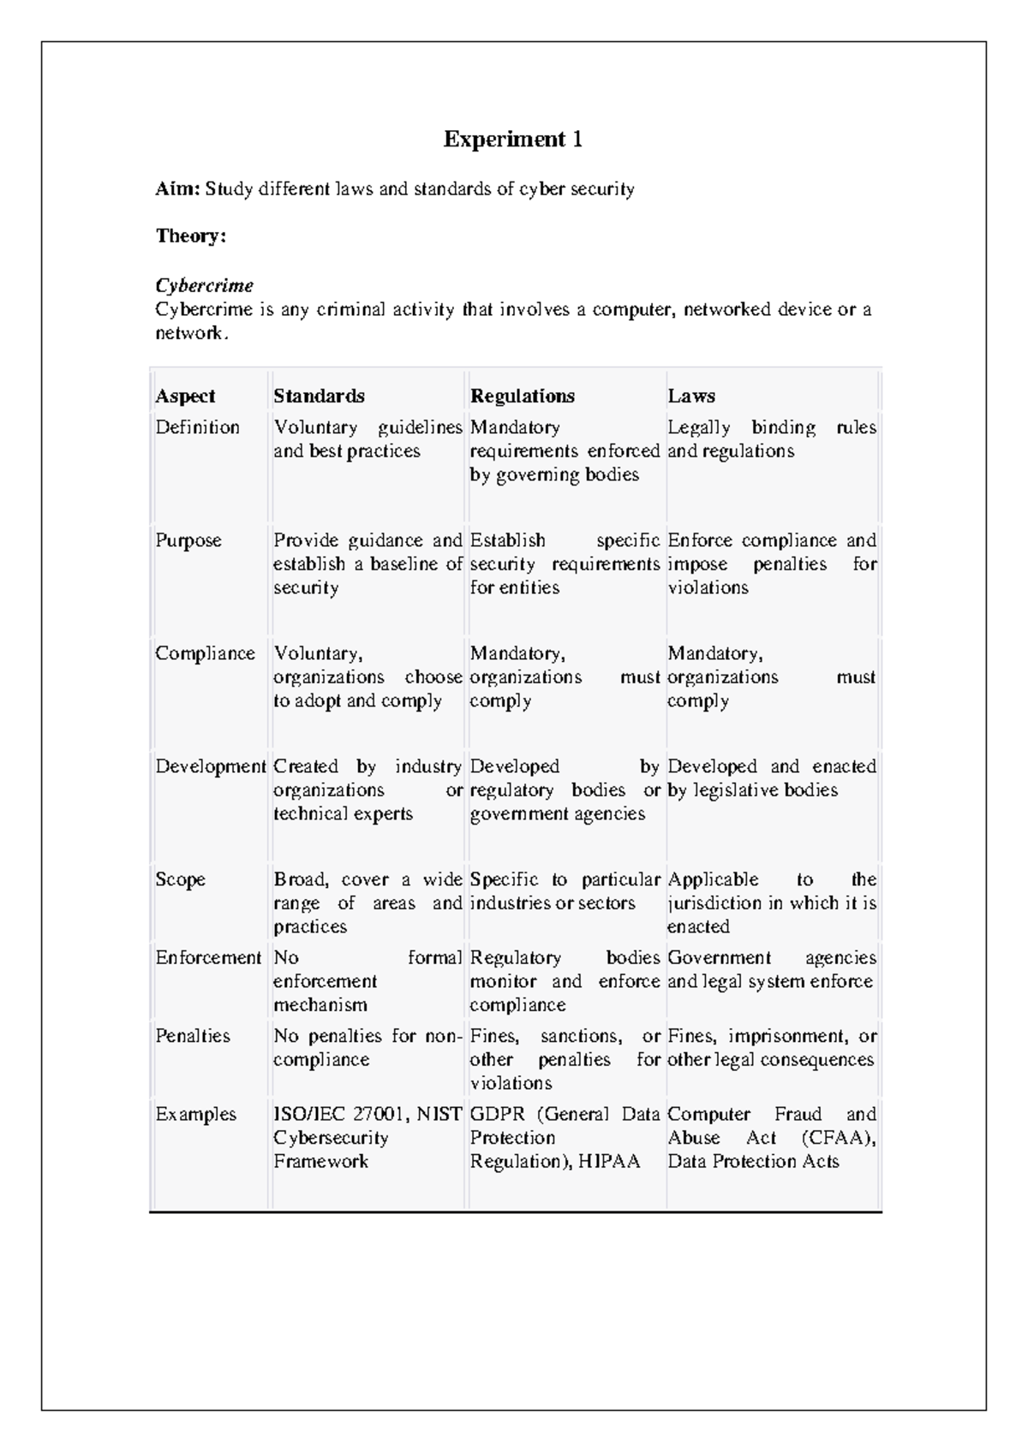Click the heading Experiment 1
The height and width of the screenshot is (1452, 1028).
[512, 140]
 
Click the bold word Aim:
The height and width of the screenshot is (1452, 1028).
[176, 189]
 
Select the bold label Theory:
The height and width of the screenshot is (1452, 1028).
[190, 236]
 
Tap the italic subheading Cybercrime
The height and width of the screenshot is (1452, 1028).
[204, 286]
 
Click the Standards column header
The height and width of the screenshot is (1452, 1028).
[319, 396]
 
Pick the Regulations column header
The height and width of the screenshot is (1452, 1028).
[522, 396]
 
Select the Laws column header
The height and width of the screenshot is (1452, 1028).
[690, 396]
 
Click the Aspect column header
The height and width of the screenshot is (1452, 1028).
[185, 396]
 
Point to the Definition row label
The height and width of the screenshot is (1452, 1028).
[197, 427]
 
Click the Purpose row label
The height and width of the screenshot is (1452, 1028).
[188, 541]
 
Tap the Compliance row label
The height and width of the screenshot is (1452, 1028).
[205, 654]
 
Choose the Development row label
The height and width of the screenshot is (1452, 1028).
[210, 767]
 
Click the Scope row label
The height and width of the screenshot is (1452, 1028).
[180, 880]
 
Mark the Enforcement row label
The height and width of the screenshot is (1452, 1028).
[207, 958]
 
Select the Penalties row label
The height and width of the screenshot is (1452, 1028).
[193, 1037]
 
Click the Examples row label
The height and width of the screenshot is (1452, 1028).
[195, 1115]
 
